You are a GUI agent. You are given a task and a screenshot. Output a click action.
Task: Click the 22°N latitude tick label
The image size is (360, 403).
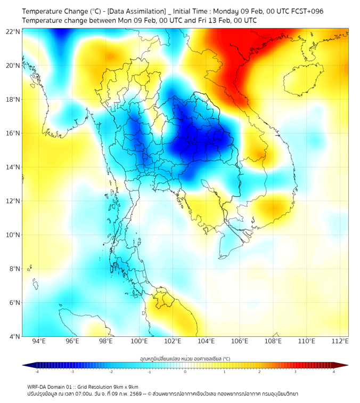pyautogui.click(x=13, y=31)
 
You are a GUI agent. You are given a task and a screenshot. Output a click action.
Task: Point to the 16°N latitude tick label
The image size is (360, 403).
pyautogui.click(x=13, y=133)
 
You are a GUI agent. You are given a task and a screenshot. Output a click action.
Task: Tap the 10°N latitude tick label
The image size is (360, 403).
pyautogui.click(x=13, y=235)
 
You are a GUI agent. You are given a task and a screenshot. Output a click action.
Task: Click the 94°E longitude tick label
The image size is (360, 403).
pyautogui.click(x=39, y=341)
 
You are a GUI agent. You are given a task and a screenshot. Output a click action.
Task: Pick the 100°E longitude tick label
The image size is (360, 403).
pyautogui.click(x=139, y=341)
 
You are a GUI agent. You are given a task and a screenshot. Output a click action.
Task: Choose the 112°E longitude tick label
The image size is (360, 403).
pyautogui.click(x=340, y=341)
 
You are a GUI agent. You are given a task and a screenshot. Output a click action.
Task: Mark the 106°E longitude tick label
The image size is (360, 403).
pyautogui.click(x=240, y=341)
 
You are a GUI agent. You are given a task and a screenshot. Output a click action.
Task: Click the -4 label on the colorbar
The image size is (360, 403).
pyautogui.click(x=37, y=372)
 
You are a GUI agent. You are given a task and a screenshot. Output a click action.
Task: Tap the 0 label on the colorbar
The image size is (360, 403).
pyautogui.click(x=185, y=372)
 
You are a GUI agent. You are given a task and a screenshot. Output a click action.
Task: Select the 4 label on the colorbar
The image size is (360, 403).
pyautogui.click(x=333, y=372)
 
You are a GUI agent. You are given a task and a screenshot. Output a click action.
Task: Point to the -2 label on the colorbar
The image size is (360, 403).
pyautogui.click(x=111, y=372)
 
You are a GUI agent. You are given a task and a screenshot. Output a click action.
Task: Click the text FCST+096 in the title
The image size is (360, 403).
pyautogui.click(x=306, y=11)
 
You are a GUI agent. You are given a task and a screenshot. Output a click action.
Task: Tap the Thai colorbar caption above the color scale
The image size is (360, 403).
pyautogui.click(x=185, y=358)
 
